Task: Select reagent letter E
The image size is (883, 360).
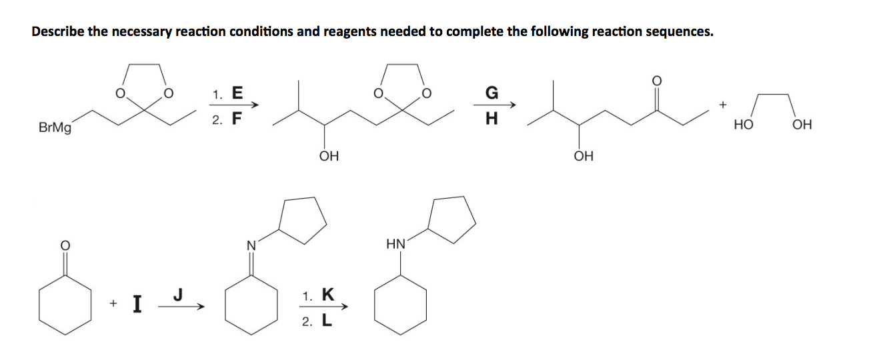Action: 237,94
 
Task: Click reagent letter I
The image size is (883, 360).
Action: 137,304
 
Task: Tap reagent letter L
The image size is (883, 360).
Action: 327,321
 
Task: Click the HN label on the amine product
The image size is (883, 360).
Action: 395,245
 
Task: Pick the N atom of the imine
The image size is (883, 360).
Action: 251,245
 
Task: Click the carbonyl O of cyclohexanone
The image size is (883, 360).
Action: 65,245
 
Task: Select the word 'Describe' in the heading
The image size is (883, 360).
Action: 58,32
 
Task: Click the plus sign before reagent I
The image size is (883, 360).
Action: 113,304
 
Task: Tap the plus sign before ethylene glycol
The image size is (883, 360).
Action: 722,105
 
